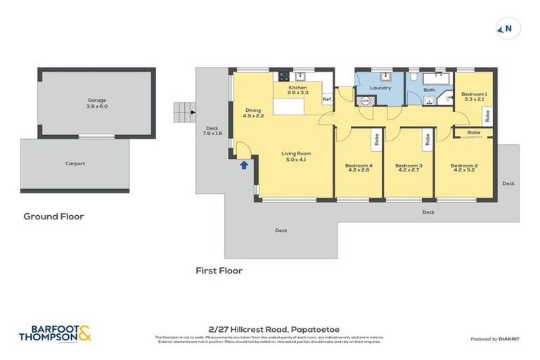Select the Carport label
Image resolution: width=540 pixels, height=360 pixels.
click(75, 164)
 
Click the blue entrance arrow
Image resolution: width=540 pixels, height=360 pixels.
click(244, 165)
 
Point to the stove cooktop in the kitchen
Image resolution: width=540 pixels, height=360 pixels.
click(284, 76)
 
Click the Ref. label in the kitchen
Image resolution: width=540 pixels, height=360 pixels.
click(327, 99)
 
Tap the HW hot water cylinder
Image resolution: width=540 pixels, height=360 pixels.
click(365, 101)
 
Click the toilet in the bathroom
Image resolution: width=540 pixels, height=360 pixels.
click(415, 77)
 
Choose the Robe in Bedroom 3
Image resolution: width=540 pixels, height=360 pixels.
click(427, 139)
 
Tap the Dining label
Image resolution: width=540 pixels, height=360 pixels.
click(254, 110)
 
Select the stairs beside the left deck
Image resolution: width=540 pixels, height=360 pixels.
click(182, 110)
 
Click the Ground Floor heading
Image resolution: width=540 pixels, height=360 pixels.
click(53, 217)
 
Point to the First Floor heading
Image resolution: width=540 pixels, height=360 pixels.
click(219, 270)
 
